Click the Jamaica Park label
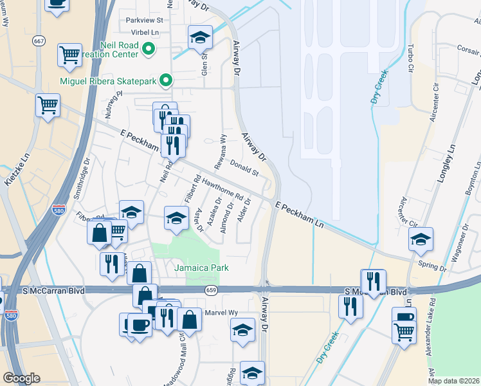click(x=202, y=268)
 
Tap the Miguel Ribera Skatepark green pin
click(x=167, y=80)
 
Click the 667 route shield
click(x=39, y=41)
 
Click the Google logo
click(x=21, y=378)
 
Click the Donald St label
click(x=244, y=169)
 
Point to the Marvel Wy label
click(x=221, y=313)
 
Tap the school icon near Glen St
click(x=200, y=38)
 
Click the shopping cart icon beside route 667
click(x=69, y=54)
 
